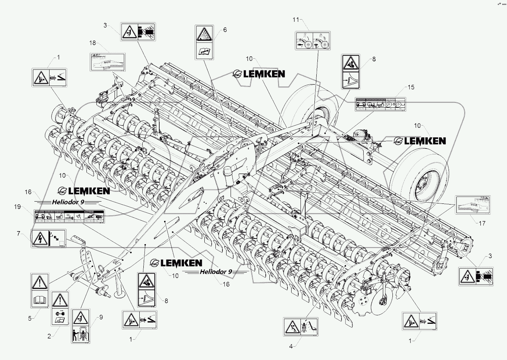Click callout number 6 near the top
[225, 30]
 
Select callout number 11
[296, 19]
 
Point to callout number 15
[411, 88]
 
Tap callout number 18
[92, 43]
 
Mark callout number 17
[482, 223]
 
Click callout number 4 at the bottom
[291, 346]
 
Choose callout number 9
[101, 317]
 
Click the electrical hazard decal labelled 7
[48, 239]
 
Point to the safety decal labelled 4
[301, 327]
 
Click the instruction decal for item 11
[313, 41]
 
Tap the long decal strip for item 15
[380, 104]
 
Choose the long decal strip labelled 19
[69, 216]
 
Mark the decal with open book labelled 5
[40, 291]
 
